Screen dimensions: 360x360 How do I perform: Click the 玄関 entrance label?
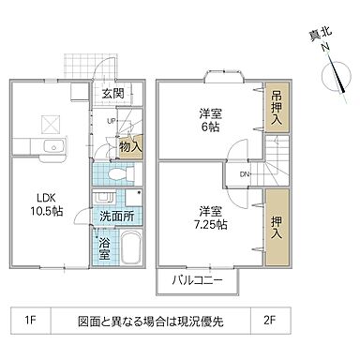click(x=113, y=94)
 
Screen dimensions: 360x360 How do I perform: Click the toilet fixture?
click(x=115, y=174)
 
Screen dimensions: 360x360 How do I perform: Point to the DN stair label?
click(x=244, y=174)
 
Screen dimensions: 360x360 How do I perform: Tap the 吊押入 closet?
click(x=277, y=110)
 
